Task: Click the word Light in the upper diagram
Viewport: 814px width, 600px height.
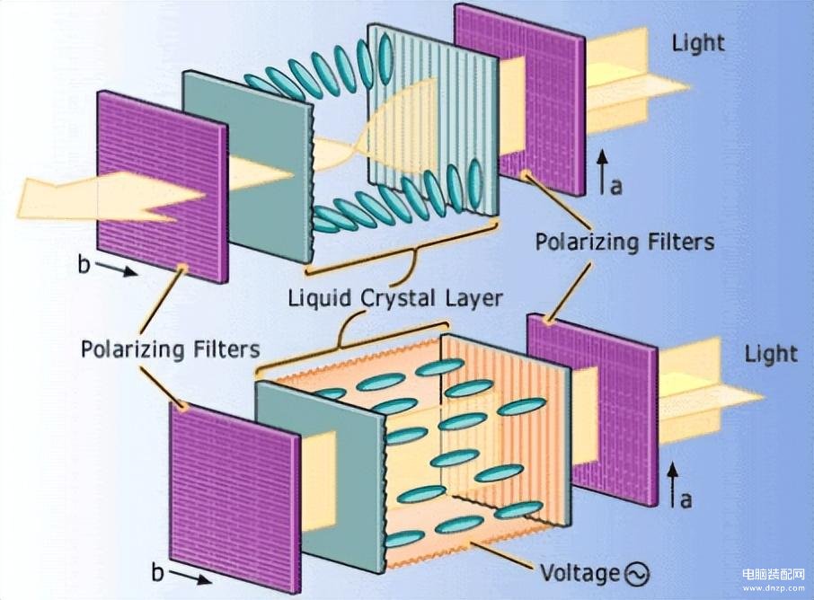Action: pos(698,42)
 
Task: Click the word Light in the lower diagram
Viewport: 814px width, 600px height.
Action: pos(771,354)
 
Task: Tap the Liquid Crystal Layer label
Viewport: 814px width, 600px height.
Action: pos(395,299)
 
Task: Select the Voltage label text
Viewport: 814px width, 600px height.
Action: pos(580,574)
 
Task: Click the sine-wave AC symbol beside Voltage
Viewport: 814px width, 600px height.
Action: pos(636,574)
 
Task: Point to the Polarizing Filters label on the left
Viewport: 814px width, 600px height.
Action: pos(171,349)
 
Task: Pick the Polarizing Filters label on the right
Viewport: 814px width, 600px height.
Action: pos(625,243)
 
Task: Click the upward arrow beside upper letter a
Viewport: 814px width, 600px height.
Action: pos(601,172)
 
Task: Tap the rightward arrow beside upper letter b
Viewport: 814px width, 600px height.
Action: pos(118,269)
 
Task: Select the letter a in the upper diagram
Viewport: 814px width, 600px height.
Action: pos(615,186)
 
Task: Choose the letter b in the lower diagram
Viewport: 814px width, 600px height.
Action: pos(158,573)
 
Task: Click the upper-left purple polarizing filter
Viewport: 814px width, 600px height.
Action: pos(163,187)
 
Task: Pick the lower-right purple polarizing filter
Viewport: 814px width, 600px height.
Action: pos(592,410)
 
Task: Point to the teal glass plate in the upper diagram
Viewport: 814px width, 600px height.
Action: pos(248,166)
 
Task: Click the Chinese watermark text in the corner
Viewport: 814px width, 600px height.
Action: pos(773,575)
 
